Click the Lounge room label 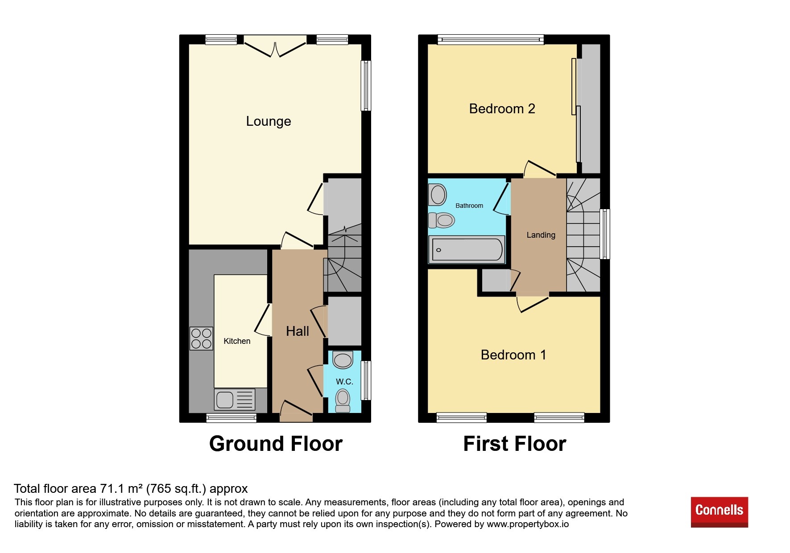point(269,121)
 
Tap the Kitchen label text point(237,341)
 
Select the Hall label point(298,331)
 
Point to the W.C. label point(344,382)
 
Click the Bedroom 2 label point(502,109)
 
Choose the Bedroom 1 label point(513,355)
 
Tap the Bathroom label point(469,206)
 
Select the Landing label point(541,235)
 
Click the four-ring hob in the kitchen point(201,338)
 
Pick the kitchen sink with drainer point(235,399)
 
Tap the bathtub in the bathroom point(467,249)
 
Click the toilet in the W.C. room point(343,400)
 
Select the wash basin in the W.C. point(343,359)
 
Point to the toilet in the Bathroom point(442,220)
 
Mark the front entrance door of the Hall point(296,411)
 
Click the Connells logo point(720,512)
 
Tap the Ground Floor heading point(276,444)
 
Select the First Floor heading point(515,444)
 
